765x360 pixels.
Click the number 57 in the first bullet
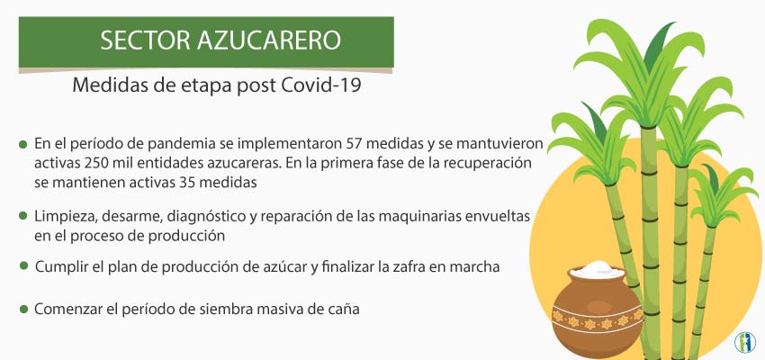(x=354, y=144)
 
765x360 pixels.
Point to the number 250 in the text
(x=95, y=162)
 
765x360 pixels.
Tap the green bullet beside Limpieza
(x=22, y=216)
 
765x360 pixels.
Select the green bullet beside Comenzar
(x=23, y=310)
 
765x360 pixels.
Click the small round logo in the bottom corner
(x=745, y=342)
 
